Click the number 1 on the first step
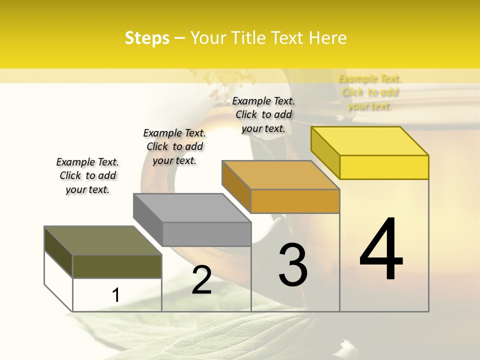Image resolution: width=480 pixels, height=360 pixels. click(116, 295)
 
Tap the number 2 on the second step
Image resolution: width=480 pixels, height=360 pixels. click(201, 279)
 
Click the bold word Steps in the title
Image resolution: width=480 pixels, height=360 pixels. click(147, 38)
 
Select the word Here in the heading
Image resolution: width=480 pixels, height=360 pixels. click(328, 38)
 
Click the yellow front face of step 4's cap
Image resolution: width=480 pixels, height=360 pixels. click(384, 167)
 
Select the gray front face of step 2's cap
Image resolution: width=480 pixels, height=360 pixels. click(206, 234)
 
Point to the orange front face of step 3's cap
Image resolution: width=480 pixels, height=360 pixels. click(295, 201)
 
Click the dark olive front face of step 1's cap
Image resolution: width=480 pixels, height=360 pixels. click(117, 266)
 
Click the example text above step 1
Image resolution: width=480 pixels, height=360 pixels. click(87, 175)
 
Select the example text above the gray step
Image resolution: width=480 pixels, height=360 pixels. click(174, 146)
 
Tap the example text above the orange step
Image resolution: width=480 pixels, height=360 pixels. click(263, 114)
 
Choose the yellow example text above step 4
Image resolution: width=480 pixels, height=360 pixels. click(370, 92)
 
